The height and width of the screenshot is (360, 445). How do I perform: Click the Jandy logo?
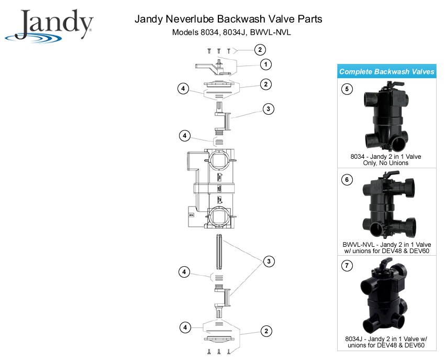pos(49,25)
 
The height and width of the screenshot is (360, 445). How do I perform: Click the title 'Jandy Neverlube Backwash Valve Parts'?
pos(228,19)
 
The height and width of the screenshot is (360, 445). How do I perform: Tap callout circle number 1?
pos(266,64)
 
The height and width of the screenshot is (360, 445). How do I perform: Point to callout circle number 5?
pos(347,89)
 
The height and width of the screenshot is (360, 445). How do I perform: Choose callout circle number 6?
pos(347,180)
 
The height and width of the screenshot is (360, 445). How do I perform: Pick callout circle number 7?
pos(347,266)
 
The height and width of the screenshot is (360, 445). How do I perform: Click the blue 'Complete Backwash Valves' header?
pos(386,72)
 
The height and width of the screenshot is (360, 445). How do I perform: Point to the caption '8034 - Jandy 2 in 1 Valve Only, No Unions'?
pos(386,159)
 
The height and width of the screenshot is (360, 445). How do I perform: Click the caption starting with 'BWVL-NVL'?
pos(386,248)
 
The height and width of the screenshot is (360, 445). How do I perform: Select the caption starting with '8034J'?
pos(386,342)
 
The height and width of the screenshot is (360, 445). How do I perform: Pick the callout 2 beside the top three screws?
pos(260,50)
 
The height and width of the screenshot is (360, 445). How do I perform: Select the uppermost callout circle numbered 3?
pos(268,109)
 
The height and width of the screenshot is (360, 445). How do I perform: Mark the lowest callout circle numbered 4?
pos(184,328)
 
